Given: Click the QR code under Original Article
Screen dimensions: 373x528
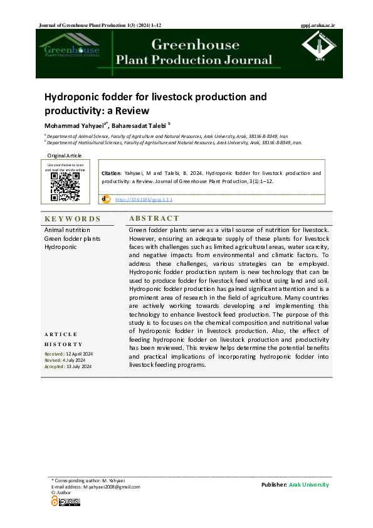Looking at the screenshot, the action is tap(65, 187).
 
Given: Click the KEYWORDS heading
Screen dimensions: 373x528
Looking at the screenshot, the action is tap(72, 219).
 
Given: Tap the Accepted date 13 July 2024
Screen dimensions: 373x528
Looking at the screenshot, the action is tap(78, 367).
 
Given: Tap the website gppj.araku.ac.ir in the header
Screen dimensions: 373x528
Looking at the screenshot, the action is tap(319, 25).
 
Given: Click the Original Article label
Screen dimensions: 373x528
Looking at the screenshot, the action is tap(65, 156).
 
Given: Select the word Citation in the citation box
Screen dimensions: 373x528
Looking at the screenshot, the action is tap(110, 172).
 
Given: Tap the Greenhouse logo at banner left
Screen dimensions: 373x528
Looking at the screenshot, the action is tap(70, 50).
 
